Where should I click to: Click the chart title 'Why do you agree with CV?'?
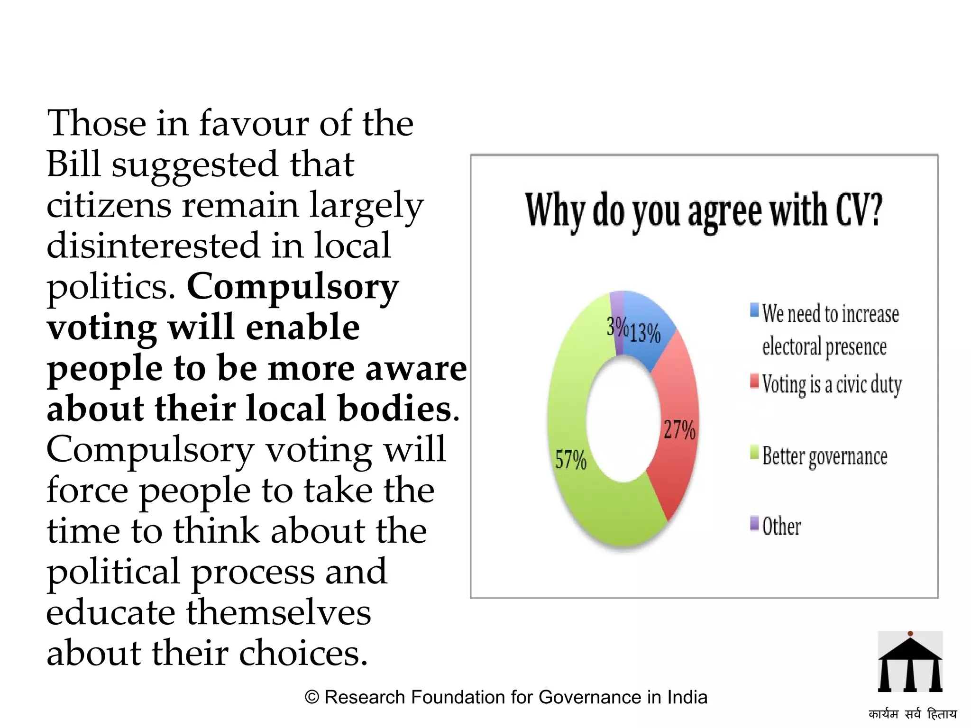[x=704, y=210]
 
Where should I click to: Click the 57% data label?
[x=571, y=460]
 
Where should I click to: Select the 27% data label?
[x=679, y=430]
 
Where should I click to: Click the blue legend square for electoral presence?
[x=754, y=310]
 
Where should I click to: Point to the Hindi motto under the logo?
[x=912, y=714]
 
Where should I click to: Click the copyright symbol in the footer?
[x=312, y=697]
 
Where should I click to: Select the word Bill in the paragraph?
[x=73, y=164]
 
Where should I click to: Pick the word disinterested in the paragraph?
[x=153, y=246]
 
